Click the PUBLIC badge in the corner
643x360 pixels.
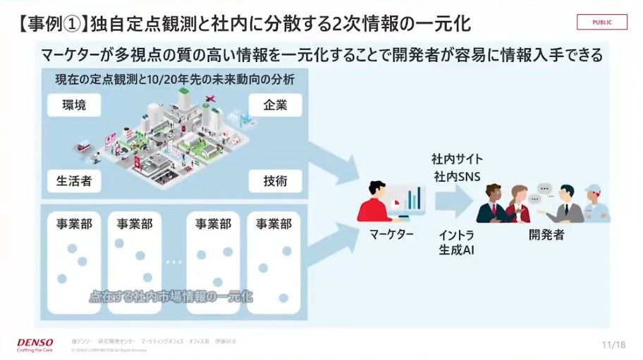pyautogui.click(x=601, y=22)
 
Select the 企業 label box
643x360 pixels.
pyautogui.click(x=275, y=106)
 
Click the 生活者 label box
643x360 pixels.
pyautogui.click(x=74, y=181)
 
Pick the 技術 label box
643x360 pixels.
pyautogui.click(x=275, y=181)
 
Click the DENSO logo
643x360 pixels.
pyautogui.click(x=35, y=344)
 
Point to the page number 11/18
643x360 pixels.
pyautogui.click(x=614, y=345)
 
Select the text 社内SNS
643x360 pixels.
pyautogui.click(x=456, y=176)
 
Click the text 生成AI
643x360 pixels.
pyautogui.click(x=456, y=249)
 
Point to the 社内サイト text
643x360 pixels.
pyautogui.click(x=457, y=159)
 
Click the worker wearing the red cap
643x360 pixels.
pyautogui.click(x=596, y=203)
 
